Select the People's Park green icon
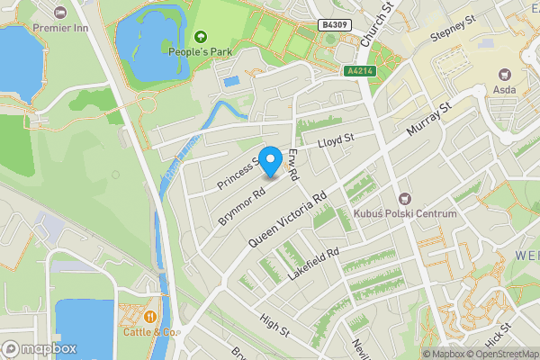coord(200,37)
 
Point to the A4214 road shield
coord(360,69)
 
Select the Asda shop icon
coord(502,74)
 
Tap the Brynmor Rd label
coord(241,205)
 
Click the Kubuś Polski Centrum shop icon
coord(404,197)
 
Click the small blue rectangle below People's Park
coord(231,82)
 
